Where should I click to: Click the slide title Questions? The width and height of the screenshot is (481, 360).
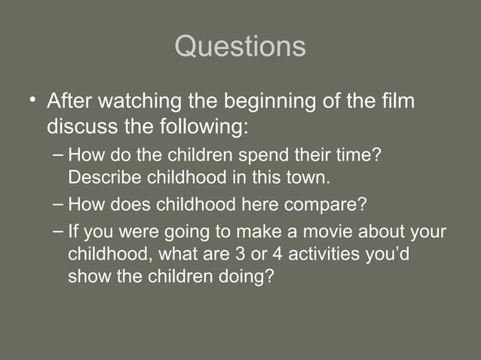point(240,47)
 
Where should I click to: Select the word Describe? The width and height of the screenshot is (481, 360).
point(101,178)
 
